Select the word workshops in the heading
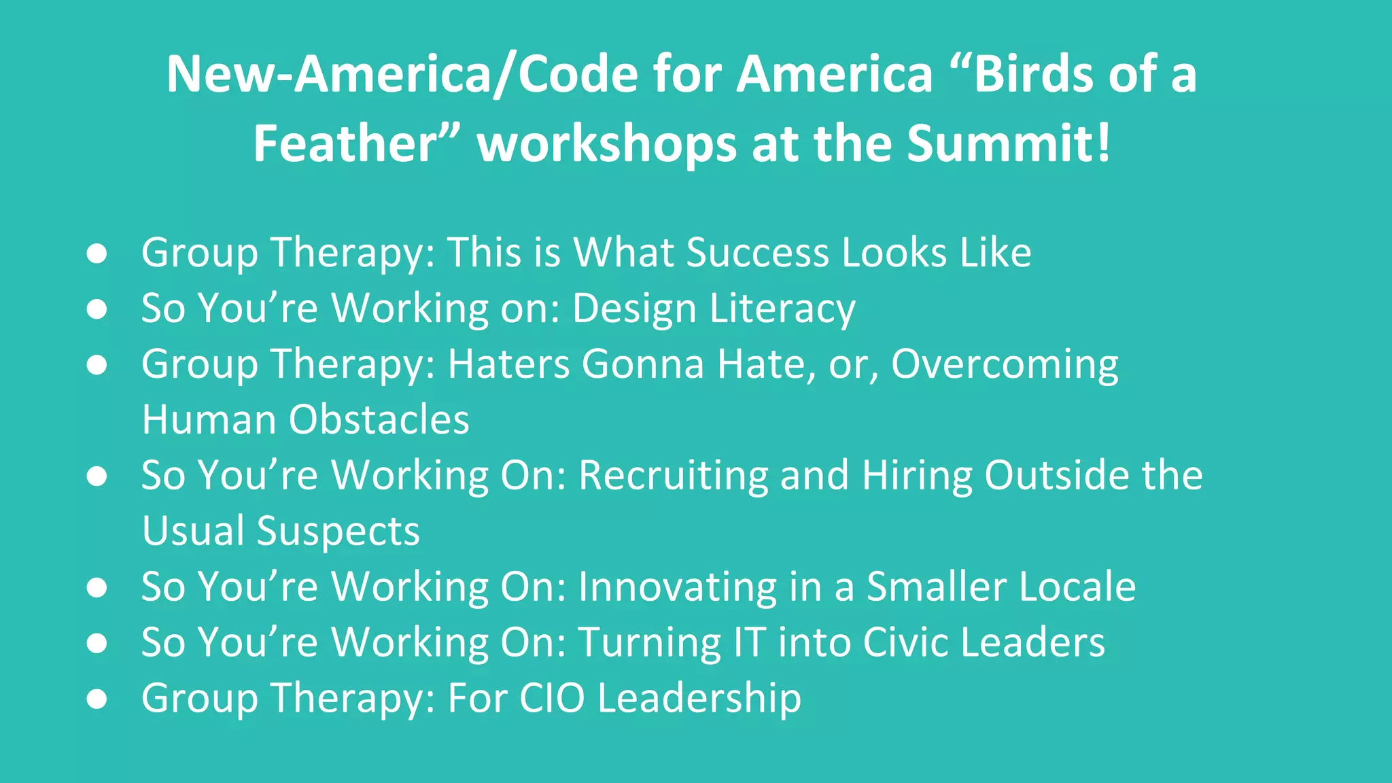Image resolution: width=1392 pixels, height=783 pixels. pos(607,143)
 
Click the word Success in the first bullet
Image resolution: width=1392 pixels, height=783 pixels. pos(758,253)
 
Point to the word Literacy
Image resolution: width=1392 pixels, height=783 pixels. pos(782,309)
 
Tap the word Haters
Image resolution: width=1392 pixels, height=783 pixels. pos(508,364)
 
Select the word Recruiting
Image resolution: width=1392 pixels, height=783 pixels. pos(673,475)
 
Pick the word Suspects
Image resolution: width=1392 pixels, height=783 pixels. pos(338,531)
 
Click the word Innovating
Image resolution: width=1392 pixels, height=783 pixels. pos(677,587)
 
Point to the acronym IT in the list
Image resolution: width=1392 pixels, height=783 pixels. pos(749,642)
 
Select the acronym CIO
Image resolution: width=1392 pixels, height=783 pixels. pos(551,698)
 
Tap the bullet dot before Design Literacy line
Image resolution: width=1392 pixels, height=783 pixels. pos(97,309)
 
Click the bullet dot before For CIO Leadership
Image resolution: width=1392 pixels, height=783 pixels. pos(97,699)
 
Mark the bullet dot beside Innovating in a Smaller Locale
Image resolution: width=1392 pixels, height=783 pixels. pos(97,587)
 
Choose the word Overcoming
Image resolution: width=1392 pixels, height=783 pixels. pos(1004,364)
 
